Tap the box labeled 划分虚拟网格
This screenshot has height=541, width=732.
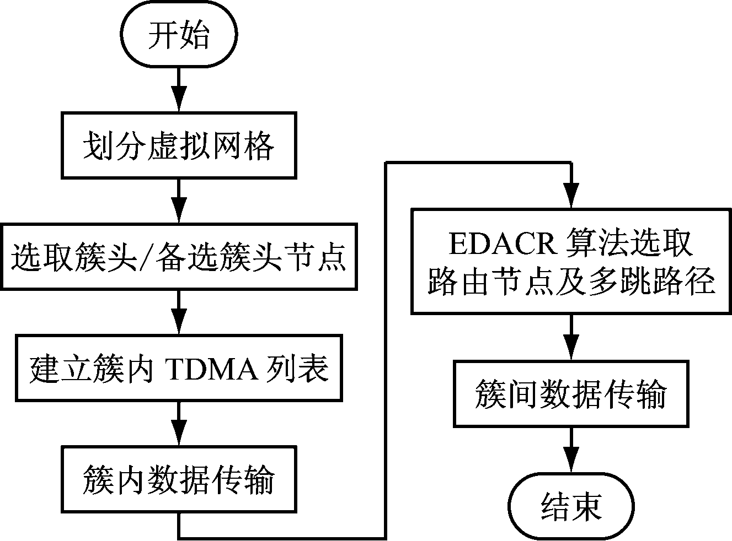[x=179, y=145]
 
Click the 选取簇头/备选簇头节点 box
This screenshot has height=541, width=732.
[x=179, y=257]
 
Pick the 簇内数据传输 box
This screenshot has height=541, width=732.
[x=179, y=479]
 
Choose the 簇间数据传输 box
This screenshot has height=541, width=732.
[x=571, y=393]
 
